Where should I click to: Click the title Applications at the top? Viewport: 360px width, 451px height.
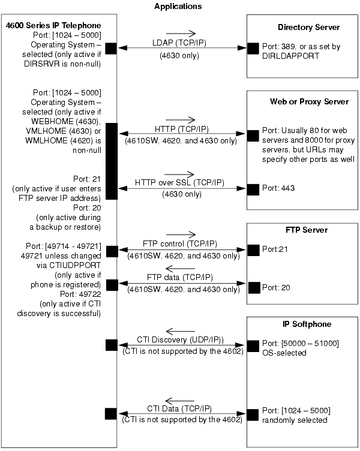pyautogui.click(x=178, y=7)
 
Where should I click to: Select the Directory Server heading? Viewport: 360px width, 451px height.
pyautogui.click(x=308, y=28)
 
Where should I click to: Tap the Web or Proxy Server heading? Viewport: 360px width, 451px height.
pyautogui.click(x=309, y=101)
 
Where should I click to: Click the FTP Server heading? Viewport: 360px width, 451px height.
pyautogui.click(x=307, y=230)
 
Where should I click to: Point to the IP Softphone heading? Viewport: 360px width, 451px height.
pyautogui.click(x=307, y=324)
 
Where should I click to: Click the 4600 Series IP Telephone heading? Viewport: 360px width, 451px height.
pyautogui.click(x=53, y=25)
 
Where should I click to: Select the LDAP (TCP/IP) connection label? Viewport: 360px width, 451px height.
pyautogui.click(x=179, y=43)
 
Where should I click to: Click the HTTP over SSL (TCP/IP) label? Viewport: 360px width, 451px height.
pyautogui.click(x=179, y=183)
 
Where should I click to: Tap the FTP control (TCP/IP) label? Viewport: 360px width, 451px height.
pyautogui.click(x=180, y=244)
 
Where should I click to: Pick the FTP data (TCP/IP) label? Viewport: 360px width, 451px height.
pyautogui.click(x=180, y=277)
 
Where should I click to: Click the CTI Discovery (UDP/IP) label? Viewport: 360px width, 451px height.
pyautogui.click(x=180, y=339)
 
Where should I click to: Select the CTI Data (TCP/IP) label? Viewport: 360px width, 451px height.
pyautogui.click(x=179, y=409)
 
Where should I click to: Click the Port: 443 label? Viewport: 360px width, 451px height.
pyautogui.click(x=278, y=188)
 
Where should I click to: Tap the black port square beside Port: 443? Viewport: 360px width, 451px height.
pyautogui.click(x=253, y=190)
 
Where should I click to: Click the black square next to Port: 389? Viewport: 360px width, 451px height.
pyautogui.click(x=253, y=49)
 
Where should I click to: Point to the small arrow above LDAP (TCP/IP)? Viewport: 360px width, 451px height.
pyautogui.click(x=181, y=34)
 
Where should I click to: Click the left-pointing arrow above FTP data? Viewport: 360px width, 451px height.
pyautogui.click(x=181, y=269)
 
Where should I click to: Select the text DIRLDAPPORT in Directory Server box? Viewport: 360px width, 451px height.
pyautogui.click(x=290, y=56)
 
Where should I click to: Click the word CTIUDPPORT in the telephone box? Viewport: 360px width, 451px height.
pyautogui.click(x=75, y=266)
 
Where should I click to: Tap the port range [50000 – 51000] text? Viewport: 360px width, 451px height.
pyautogui.click(x=310, y=344)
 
